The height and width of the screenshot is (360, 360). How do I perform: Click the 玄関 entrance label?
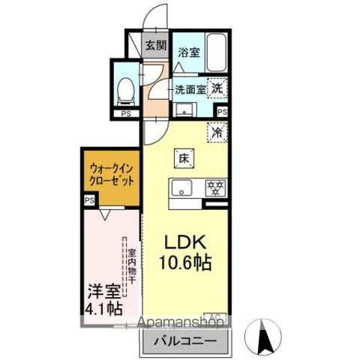tap(154, 45)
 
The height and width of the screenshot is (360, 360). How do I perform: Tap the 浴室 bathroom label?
tap(189, 52)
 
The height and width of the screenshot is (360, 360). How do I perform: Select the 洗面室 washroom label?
tap(190, 89)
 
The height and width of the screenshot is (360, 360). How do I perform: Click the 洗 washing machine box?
tap(216, 88)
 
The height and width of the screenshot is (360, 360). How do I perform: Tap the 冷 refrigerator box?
tap(217, 133)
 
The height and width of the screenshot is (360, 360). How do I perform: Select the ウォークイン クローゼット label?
tap(110, 175)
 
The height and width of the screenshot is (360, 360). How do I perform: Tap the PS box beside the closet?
tap(89, 200)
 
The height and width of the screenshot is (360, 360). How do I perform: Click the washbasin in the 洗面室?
tap(182, 110)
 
